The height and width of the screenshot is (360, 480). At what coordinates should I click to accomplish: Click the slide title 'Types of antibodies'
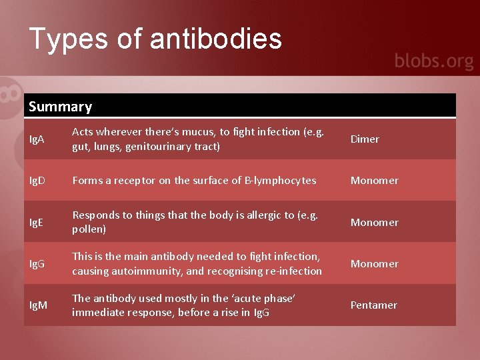click(x=155, y=39)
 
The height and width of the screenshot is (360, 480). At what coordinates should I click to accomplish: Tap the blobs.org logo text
click(x=433, y=61)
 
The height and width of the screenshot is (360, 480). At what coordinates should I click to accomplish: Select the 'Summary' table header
click(x=61, y=107)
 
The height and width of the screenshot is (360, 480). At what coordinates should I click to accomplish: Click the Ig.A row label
click(x=37, y=139)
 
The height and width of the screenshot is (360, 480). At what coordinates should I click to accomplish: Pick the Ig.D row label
click(x=37, y=181)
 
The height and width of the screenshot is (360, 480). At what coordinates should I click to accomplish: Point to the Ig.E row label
click(x=37, y=223)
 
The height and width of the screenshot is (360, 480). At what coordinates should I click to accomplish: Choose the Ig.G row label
click(x=37, y=264)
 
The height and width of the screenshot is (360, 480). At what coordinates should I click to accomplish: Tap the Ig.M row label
click(x=38, y=305)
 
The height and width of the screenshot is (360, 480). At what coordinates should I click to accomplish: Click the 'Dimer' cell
click(x=365, y=139)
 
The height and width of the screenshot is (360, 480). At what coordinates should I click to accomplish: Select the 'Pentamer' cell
click(x=373, y=305)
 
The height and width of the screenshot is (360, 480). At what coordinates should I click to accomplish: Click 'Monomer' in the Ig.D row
click(x=374, y=181)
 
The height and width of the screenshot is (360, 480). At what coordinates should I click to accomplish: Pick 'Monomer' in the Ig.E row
click(x=374, y=223)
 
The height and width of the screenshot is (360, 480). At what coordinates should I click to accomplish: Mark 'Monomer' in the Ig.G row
click(x=374, y=264)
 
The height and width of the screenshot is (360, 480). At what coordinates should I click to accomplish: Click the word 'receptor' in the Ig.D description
click(x=125, y=181)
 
